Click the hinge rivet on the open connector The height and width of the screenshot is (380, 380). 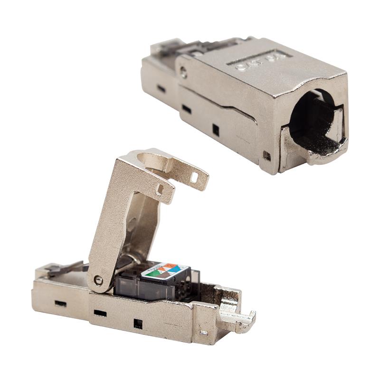tap(98, 280)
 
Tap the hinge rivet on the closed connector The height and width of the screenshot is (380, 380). tap(184, 72)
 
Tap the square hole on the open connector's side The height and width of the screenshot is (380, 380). tap(138, 324)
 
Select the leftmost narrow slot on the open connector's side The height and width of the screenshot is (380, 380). tap(60, 303)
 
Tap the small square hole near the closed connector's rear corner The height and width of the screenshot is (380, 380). tap(267, 155)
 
